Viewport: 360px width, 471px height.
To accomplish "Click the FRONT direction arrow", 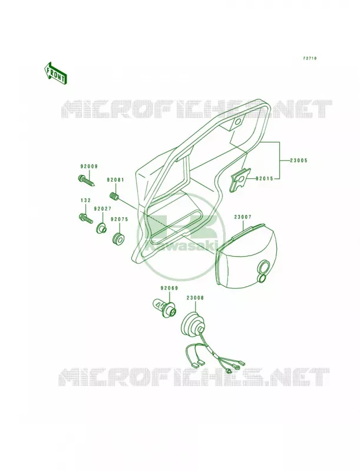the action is (x=55, y=73).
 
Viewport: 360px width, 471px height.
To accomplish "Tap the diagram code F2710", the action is (x=309, y=58).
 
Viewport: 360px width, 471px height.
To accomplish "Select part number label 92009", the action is (x=88, y=167).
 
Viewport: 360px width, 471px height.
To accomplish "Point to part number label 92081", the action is (x=115, y=180).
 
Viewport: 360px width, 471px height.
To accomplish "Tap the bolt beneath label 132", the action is (x=85, y=218).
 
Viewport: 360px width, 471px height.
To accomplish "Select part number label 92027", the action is (x=102, y=208).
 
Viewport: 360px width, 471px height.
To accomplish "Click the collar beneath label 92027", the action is (x=101, y=228).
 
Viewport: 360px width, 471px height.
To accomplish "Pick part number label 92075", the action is (x=119, y=220).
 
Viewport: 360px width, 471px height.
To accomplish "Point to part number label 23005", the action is (x=299, y=161).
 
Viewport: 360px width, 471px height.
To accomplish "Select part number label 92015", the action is (x=265, y=179).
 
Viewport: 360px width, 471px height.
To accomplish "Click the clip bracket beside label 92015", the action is (x=239, y=180).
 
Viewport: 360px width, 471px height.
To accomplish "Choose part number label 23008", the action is (x=194, y=298).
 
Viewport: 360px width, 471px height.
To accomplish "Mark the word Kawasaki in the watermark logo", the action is (x=183, y=246).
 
